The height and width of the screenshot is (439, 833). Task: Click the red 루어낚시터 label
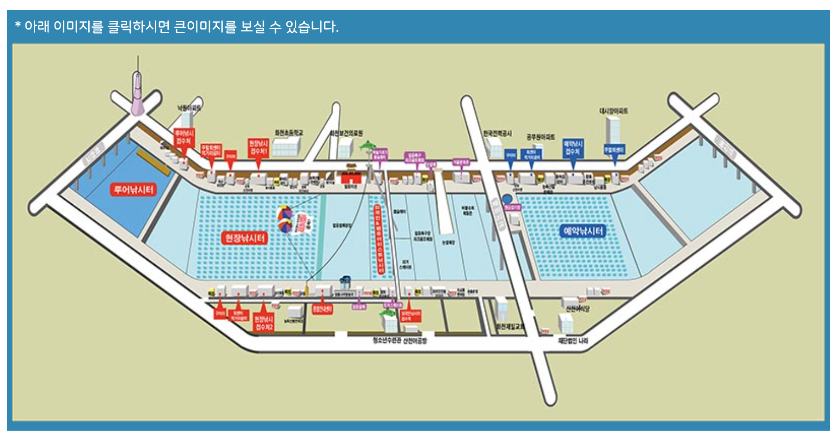[133, 189]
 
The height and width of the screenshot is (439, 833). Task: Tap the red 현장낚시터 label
[245, 238]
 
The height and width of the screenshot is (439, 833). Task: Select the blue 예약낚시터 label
[583, 231]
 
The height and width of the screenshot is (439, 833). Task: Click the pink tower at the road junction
[137, 95]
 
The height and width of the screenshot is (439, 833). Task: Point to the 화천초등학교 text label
[288, 133]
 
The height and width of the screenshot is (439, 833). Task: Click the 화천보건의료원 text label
[346, 133]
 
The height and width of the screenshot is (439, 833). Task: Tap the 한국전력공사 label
[497, 133]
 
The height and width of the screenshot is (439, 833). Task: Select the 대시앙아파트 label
[613, 111]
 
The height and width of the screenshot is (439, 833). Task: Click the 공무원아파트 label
[540, 137]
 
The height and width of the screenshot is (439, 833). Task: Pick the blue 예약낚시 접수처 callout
[573, 148]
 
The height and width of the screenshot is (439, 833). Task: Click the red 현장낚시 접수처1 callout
[258, 147]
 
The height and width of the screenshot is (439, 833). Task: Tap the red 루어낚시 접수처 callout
[184, 137]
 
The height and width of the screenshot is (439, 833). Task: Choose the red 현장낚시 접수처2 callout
[263, 323]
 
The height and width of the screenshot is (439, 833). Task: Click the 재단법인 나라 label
[573, 341]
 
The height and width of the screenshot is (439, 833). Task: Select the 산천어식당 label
[577, 308]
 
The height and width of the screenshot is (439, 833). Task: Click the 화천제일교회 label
[511, 326]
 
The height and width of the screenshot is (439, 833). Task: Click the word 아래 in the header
[37, 26]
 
